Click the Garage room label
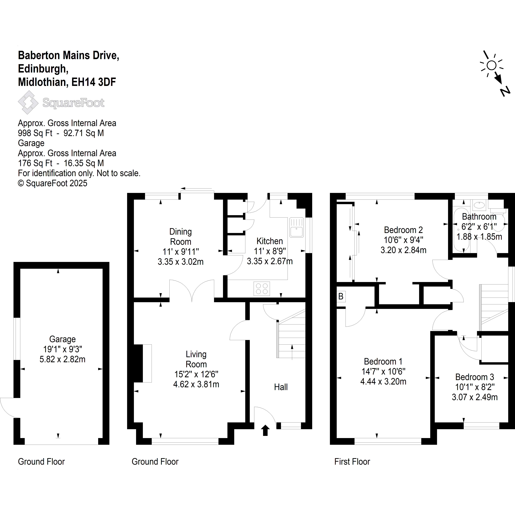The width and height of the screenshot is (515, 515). (62, 339)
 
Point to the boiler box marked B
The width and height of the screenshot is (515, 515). (341, 296)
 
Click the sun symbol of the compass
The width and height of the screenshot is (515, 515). (491, 65)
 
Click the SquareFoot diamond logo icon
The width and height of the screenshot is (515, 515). (28, 102)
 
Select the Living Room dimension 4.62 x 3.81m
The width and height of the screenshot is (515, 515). (196, 384)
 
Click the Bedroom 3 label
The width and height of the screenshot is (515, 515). (475, 377)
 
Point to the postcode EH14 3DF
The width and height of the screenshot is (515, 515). (94, 82)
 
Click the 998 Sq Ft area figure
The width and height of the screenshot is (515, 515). (35, 133)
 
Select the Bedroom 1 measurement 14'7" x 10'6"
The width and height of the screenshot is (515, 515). (383, 371)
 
